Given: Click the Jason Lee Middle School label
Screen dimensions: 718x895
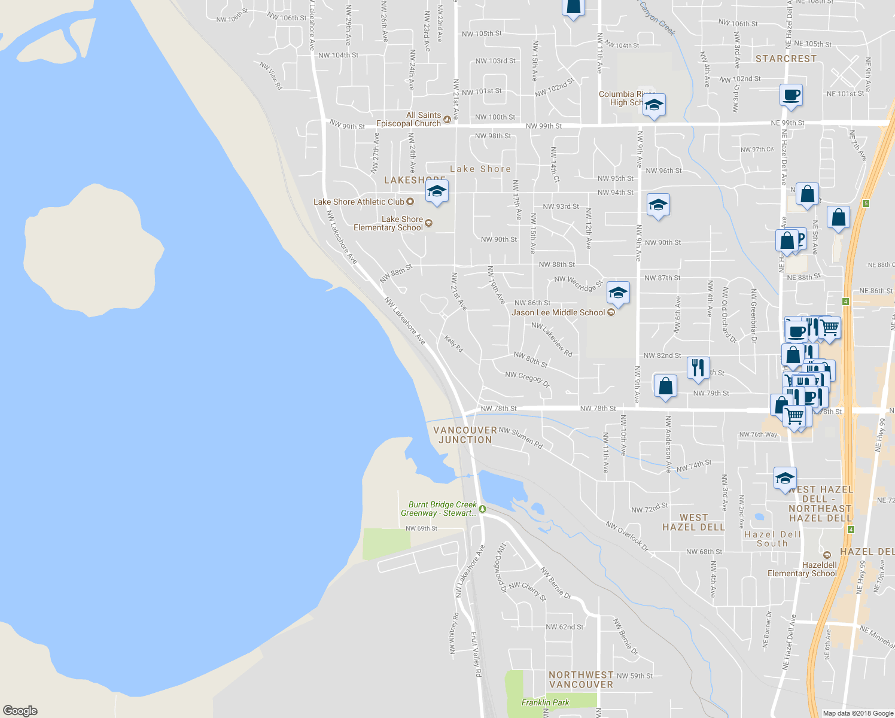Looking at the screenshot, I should click(558, 312).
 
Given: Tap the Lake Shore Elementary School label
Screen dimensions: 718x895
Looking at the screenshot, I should click(388, 223).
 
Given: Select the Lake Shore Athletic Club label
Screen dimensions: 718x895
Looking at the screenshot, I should click(359, 202).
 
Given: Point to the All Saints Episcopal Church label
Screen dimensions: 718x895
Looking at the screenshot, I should click(409, 119).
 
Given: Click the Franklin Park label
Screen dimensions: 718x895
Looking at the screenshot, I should click(545, 702).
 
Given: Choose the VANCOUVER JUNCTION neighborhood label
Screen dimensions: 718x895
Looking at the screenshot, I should click(465, 435).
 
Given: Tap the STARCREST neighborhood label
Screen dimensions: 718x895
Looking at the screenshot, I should click(786, 59).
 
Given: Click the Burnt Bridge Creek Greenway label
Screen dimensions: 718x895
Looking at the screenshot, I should click(439, 509).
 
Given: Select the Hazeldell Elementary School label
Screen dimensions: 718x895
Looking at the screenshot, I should click(802, 569).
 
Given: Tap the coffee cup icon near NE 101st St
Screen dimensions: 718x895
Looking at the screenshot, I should click(791, 95).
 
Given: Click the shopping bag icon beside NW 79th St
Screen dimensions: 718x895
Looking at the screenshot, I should click(665, 387).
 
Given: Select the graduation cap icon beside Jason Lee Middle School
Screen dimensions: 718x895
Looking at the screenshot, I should click(618, 293).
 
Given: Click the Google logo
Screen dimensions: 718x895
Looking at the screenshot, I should click(20, 711).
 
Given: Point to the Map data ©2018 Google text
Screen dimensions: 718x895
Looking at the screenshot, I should click(858, 713).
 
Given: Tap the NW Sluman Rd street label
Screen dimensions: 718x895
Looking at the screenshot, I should click(520, 438).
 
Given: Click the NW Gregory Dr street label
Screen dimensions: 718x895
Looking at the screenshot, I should click(527, 379).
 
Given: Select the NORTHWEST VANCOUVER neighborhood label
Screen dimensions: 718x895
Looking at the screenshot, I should click(581, 680).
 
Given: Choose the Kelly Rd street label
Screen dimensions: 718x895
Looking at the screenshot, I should click(453, 343).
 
